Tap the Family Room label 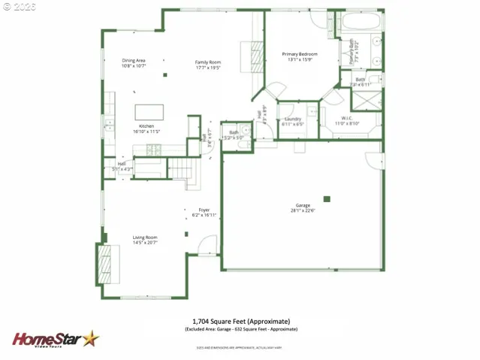207,62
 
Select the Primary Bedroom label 299,54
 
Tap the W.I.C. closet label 346,117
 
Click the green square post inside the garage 327,198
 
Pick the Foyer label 204,210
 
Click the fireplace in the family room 256,56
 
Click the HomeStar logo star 89,339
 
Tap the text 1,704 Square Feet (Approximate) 240,321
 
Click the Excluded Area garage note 240,329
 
